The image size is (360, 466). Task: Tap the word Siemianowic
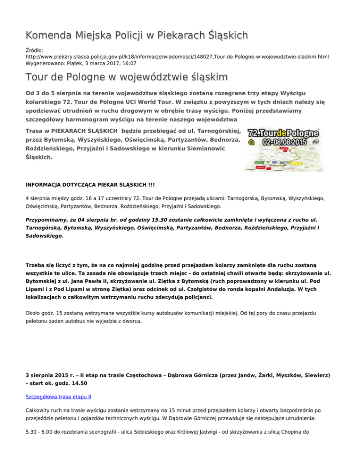[x=206, y=149]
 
